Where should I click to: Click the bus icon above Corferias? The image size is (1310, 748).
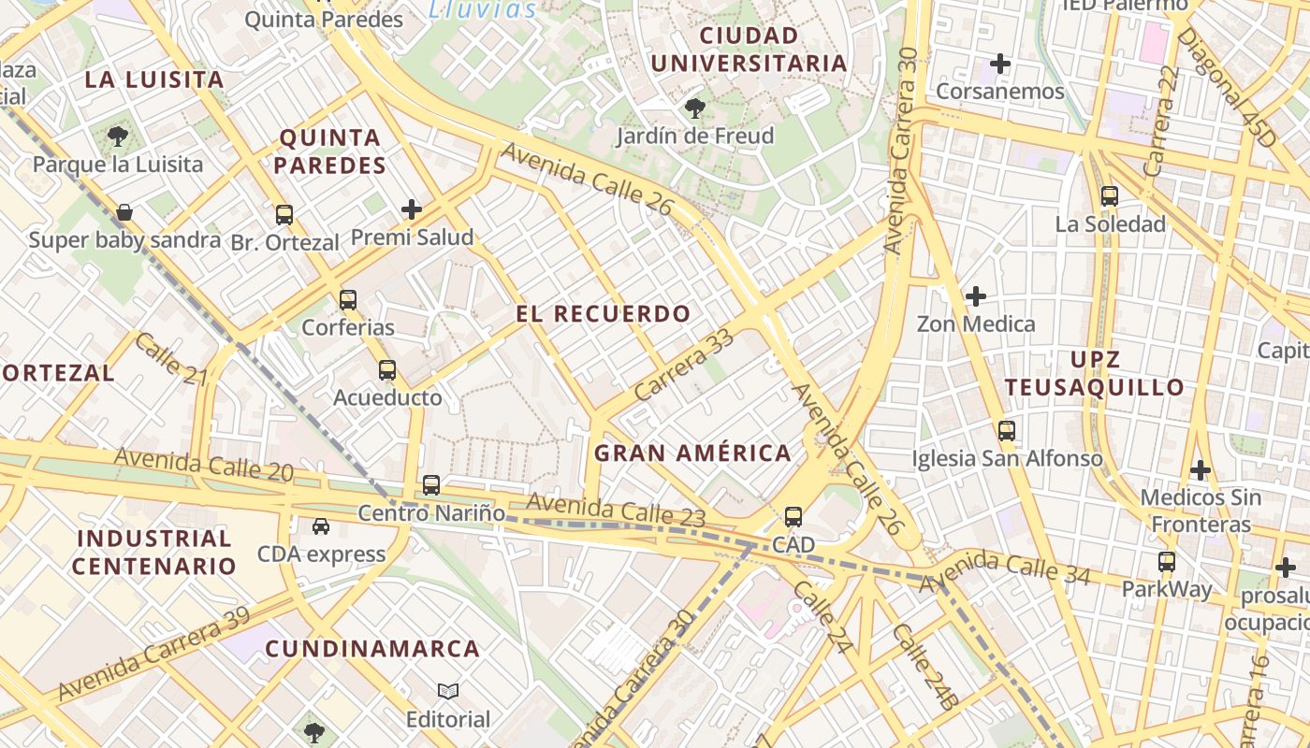pyautogui.click(x=348, y=300)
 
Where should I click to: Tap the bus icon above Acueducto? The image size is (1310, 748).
pyautogui.click(x=387, y=370)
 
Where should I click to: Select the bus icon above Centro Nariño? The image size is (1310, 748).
pyautogui.click(x=430, y=485)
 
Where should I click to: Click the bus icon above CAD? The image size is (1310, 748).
pyautogui.click(x=793, y=516)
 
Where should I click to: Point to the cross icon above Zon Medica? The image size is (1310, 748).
pyautogui.click(x=976, y=296)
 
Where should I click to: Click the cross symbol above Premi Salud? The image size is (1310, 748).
pyautogui.click(x=412, y=209)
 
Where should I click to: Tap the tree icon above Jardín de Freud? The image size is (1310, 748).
pyautogui.click(x=694, y=108)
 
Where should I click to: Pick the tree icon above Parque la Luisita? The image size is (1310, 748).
pyautogui.click(x=117, y=137)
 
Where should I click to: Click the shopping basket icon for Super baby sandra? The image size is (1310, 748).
pyautogui.click(x=124, y=212)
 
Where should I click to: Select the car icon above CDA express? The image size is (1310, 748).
pyautogui.click(x=321, y=526)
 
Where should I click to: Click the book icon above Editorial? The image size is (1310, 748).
pyautogui.click(x=448, y=692)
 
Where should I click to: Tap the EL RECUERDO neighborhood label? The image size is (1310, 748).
pyautogui.click(x=604, y=314)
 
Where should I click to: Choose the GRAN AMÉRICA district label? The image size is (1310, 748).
pyautogui.click(x=692, y=453)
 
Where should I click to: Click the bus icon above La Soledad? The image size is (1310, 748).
pyautogui.click(x=1110, y=196)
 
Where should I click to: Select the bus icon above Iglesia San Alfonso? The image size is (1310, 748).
pyautogui.click(x=1007, y=431)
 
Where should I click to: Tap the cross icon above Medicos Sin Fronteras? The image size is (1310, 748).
pyautogui.click(x=1200, y=469)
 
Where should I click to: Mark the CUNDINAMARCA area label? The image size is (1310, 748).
pyautogui.click(x=372, y=649)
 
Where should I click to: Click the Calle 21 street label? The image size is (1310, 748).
pyautogui.click(x=170, y=359)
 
